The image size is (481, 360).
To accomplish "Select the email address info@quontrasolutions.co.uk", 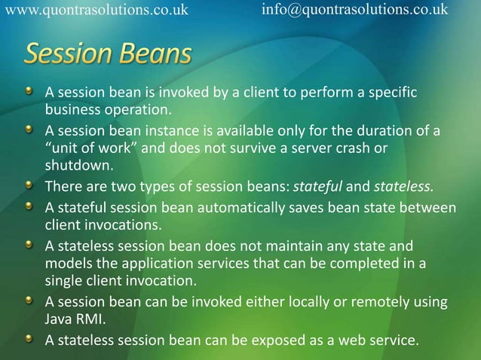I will (x=354, y=10).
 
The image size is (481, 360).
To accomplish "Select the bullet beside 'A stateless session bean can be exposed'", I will (x=29, y=339).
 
